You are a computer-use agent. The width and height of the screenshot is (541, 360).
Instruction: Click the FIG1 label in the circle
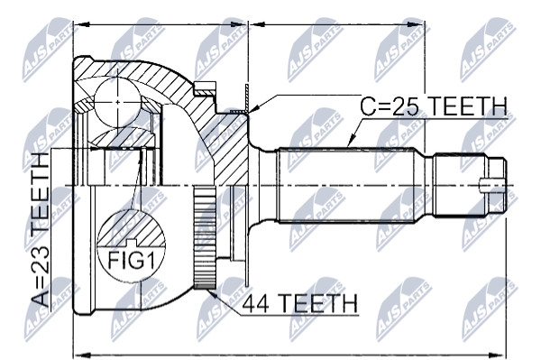point(131,260)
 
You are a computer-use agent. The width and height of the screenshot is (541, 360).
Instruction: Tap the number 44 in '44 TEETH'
point(256,303)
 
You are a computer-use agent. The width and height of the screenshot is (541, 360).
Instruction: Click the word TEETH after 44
point(318,303)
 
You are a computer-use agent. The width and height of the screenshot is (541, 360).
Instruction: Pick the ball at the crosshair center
point(117,102)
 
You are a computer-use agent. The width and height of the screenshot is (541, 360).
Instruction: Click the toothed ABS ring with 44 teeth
point(205,237)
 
